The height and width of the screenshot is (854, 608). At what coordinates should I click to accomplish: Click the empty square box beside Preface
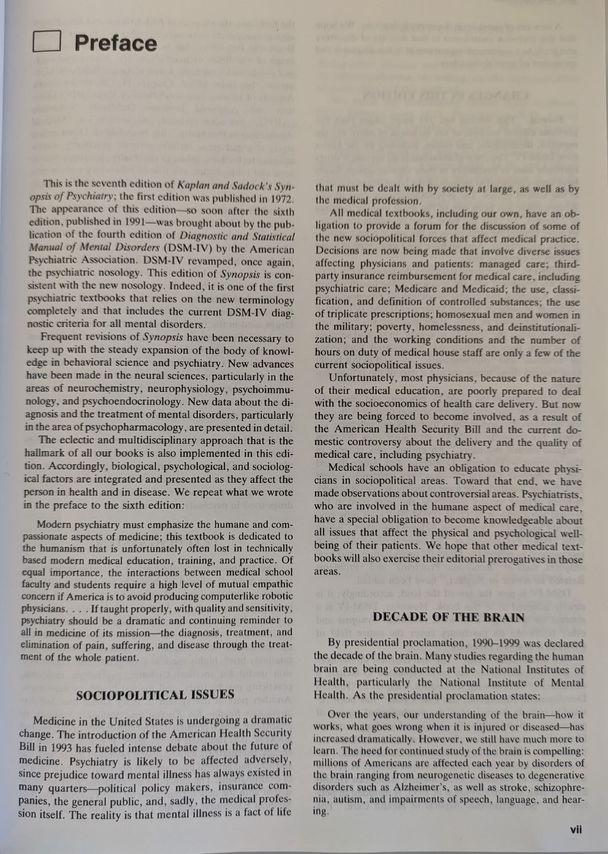46,42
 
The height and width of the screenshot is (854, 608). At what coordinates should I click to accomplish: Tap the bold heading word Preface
115,44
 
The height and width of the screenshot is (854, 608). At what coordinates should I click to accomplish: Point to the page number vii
576,829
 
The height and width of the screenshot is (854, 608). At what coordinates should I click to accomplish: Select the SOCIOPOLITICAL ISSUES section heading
155,694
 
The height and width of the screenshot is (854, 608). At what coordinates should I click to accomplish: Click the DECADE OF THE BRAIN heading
448,617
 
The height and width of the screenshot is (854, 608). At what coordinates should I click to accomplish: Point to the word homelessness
450,327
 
